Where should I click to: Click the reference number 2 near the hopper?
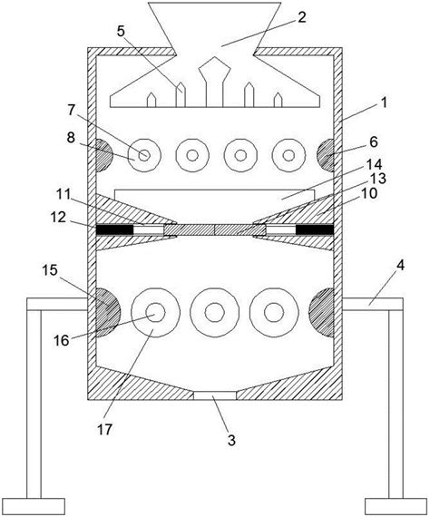(301, 17)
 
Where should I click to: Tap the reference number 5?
(122, 32)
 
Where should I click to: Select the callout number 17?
(105, 430)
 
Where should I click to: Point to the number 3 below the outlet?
(231, 440)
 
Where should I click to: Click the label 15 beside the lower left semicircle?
(50, 270)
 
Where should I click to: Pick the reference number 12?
(58, 218)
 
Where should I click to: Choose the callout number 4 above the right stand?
(400, 266)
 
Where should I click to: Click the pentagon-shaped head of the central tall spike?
(215, 68)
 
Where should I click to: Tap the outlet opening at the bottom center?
(215, 395)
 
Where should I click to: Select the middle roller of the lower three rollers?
(215, 312)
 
